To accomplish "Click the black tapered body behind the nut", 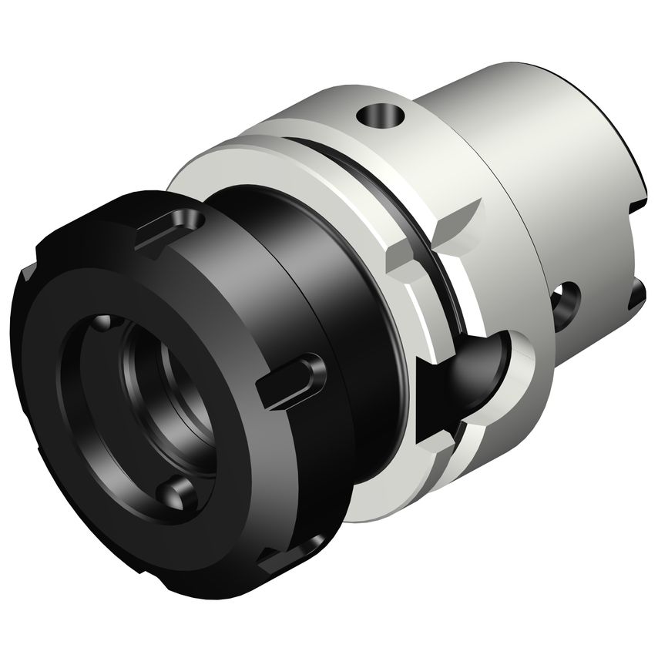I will (x=339, y=308).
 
